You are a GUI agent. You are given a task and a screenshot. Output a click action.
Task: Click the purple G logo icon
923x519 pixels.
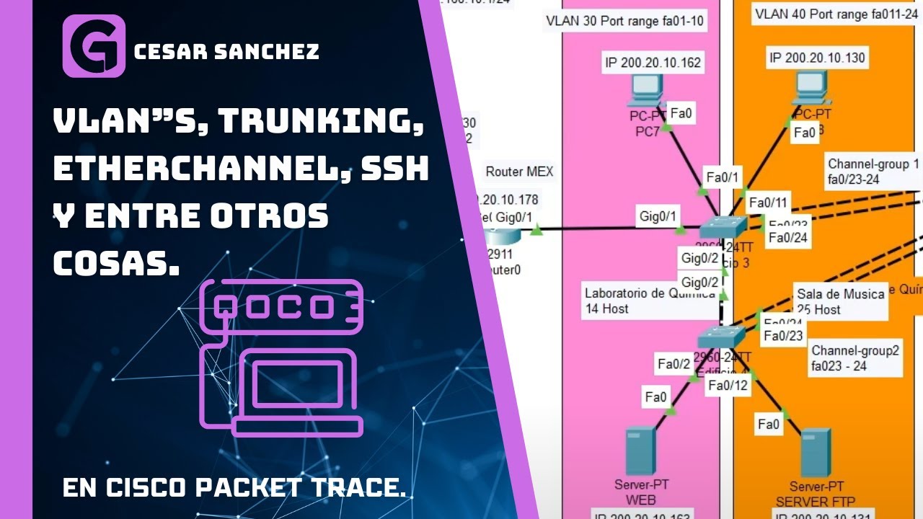click(94, 46)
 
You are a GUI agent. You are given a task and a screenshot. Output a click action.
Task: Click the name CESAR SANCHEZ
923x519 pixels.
click(227, 51)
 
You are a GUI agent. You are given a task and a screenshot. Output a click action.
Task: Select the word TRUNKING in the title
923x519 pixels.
click(322, 123)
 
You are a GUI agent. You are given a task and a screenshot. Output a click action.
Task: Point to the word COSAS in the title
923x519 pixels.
click(116, 264)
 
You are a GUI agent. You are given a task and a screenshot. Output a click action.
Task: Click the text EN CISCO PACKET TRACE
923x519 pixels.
click(234, 488)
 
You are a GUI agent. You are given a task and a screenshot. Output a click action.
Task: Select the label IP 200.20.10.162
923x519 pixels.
click(652, 63)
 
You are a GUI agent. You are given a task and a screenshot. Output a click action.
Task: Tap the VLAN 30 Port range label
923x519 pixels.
click(624, 22)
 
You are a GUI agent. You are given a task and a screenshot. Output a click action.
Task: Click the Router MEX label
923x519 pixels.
click(519, 172)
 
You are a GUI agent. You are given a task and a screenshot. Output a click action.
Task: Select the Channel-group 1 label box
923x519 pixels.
click(873, 171)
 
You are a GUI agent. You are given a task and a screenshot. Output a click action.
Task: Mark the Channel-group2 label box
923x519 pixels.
click(855, 358)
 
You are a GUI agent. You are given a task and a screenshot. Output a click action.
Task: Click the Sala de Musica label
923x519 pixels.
click(840, 301)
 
